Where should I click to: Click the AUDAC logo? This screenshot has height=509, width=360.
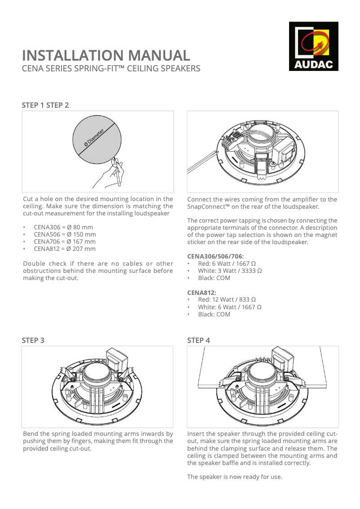click(x=313, y=46)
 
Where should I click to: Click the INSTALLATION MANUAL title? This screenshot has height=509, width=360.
click(x=106, y=56)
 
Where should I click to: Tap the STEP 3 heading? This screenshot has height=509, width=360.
click(x=33, y=340)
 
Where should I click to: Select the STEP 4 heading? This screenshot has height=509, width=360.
click(x=198, y=340)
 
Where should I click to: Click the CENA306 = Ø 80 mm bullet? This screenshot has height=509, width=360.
click(x=63, y=227)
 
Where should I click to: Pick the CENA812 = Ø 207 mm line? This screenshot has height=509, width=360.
click(x=65, y=249)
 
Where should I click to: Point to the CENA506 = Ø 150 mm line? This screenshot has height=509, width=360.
click(x=65, y=234)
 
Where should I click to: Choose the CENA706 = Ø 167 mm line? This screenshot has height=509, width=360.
click(x=65, y=241)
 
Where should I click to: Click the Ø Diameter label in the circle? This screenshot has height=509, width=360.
click(x=94, y=137)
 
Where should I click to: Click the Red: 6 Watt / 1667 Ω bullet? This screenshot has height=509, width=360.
click(x=227, y=263)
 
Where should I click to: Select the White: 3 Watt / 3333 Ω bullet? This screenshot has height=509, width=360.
click(x=230, y=271)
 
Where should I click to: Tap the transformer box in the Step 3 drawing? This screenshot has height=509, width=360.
click(x=116, y=360)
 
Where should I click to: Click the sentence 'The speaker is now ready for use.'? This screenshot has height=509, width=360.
click(x=235, y=477)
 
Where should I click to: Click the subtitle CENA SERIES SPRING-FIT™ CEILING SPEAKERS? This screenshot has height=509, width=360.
click(x=111, y=69)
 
